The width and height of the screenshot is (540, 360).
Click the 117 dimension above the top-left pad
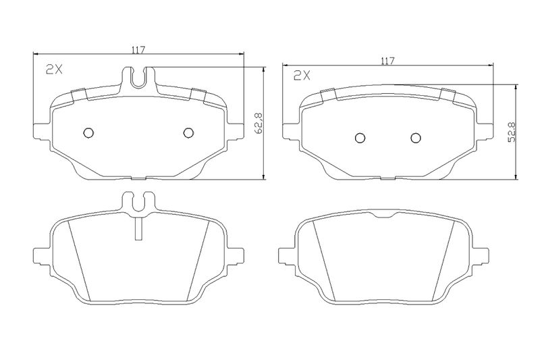coord(138,49)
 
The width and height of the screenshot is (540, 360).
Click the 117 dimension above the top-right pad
coord(387,61)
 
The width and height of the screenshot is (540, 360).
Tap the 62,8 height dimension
coord(259,123)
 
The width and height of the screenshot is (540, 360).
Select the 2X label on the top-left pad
coord(55,70)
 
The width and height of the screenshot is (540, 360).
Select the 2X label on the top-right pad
coord(302,76)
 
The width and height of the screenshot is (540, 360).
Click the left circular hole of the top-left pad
coord(88,132)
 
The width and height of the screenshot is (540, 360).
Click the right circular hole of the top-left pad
coord(188,132)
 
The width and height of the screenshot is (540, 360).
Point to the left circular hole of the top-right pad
coord(360,138)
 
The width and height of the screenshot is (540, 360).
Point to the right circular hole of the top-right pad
coord(416,138)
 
